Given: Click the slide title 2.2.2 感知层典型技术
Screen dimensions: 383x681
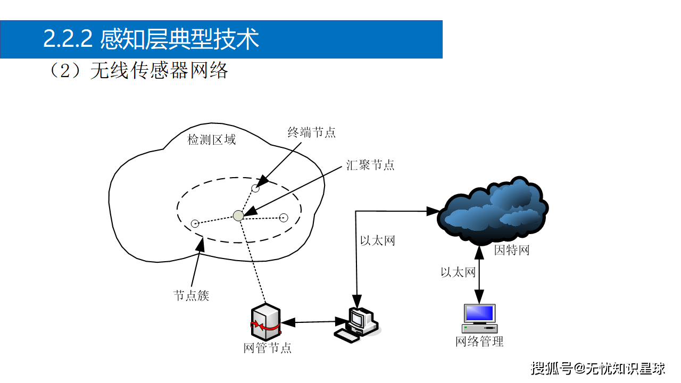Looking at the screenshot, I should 151,39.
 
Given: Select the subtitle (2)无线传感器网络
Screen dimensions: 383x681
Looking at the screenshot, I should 138,70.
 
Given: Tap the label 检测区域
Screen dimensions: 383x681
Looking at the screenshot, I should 211,140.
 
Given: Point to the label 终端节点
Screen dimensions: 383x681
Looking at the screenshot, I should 312,132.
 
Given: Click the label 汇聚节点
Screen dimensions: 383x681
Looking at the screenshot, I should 370,165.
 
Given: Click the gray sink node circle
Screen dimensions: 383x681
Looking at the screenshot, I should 238,215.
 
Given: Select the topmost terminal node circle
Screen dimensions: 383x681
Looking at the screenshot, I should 255,188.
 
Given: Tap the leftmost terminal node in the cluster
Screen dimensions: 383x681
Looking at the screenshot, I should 195,223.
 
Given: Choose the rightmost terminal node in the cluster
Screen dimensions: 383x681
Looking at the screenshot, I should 284,217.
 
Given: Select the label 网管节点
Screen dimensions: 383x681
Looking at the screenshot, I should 267,348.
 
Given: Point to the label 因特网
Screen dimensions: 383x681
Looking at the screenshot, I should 512,250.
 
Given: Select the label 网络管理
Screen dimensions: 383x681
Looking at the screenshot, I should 479,342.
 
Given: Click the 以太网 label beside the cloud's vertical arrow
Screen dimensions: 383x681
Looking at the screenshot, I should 458,272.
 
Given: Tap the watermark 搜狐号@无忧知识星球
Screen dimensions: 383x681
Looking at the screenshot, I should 598,368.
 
